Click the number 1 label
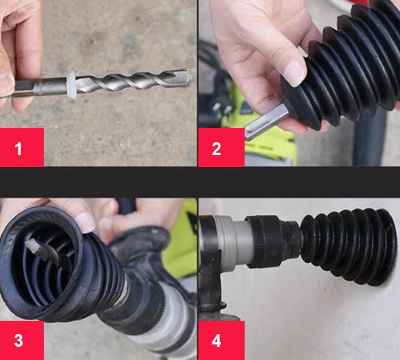[x=18, y=149]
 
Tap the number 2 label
[x=216, y=149]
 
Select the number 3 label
[x=18, y=340]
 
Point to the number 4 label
[x=216, y=340]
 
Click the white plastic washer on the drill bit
[x=71, y=85]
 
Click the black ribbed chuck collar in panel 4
[x=273, y=242]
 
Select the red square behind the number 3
[x=22, y=340]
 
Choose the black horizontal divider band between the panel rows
[x=200, y=182]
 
